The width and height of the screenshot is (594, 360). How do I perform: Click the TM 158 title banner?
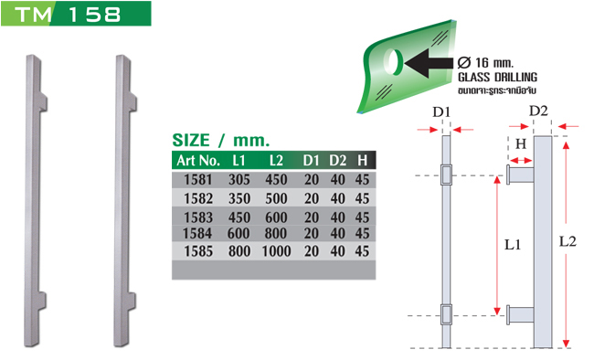click(76, 14)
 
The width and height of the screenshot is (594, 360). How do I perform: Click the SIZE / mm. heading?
click(221, 140)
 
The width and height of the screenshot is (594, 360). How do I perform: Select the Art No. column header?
click(198, 161)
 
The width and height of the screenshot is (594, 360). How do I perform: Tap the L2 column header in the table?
click(276, 161)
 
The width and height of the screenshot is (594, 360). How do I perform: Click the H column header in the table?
click(363, 161)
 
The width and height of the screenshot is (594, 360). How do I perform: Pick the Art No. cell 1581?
click(198, 180)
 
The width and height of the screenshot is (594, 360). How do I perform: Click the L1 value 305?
click(239, 180)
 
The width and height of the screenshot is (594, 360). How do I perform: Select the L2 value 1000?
click(276, 251)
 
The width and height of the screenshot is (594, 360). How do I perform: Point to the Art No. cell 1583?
click(198, 217)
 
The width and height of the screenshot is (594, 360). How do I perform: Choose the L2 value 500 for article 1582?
click(276, 198)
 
